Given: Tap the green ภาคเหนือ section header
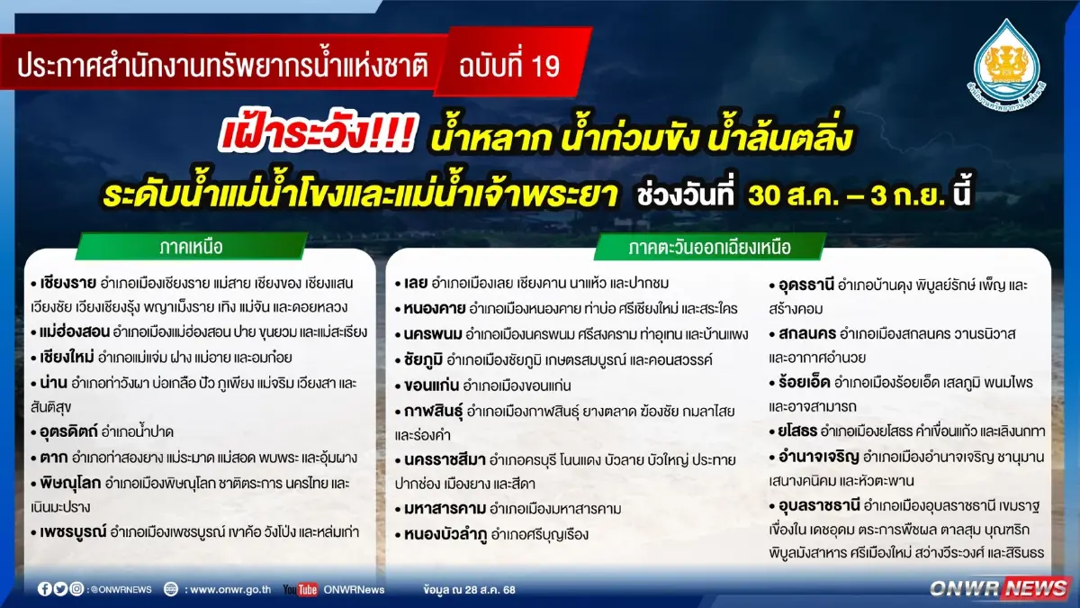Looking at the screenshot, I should point(190,246).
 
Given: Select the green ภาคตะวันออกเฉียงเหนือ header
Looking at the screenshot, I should point(710,246).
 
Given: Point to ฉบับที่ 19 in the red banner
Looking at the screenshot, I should point(508,66).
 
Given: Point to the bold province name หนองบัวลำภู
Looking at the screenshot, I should point(446,534).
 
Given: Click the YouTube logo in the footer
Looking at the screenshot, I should point(300,589).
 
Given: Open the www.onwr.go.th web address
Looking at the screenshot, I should point(229,589).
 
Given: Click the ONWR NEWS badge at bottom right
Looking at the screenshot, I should point(999,588).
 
